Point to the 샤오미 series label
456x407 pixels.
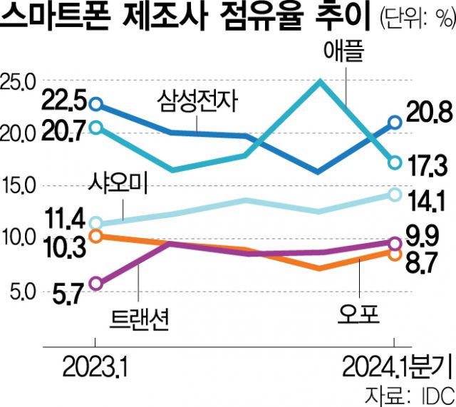(x=118, y=185)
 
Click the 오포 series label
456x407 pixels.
(x=361, y=314)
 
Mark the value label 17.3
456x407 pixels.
(x=427, y=166)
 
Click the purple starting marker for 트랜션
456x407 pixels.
(x=97, y=284)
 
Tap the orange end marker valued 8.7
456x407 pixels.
(x=395, y=254)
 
